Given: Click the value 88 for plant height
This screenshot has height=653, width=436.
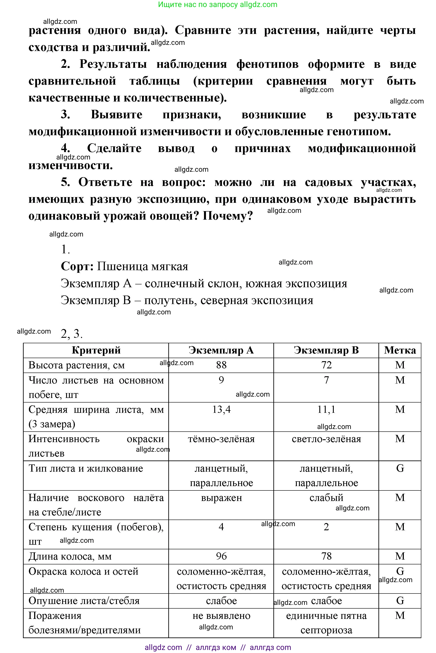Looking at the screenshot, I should [x=221, y=365].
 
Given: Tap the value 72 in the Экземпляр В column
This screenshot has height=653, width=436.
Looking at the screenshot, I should [x=326, y=365].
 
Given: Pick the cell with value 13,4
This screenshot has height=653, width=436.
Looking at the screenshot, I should [x=221, y=410].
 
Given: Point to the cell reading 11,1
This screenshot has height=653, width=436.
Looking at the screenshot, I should [x=326, y=410].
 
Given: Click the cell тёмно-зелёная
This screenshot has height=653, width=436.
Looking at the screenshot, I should [x=221, y=439].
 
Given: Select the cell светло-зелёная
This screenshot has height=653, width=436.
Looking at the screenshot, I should [x=326, y=439].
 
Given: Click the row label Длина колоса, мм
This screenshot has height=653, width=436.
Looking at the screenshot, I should [x=70, y=556].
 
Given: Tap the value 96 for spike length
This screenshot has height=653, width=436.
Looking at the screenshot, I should [x=221, y=556].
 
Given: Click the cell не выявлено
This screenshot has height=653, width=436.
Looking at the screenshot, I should [x=221, y=616].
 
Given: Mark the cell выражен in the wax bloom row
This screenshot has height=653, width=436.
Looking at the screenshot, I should [x=221, y=498].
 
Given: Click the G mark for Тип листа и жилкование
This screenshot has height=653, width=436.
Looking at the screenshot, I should [x=400, y=469].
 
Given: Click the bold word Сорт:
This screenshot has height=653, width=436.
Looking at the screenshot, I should [x=77, y=266].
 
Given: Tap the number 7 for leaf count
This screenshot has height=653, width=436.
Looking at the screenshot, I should [x=326, y=380].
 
